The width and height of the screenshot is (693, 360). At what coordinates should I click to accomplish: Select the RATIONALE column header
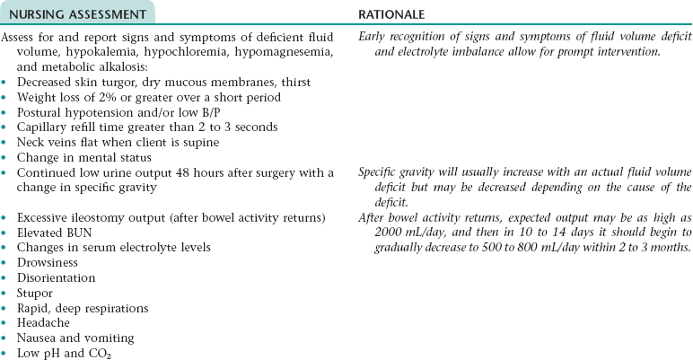coord(391,13)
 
